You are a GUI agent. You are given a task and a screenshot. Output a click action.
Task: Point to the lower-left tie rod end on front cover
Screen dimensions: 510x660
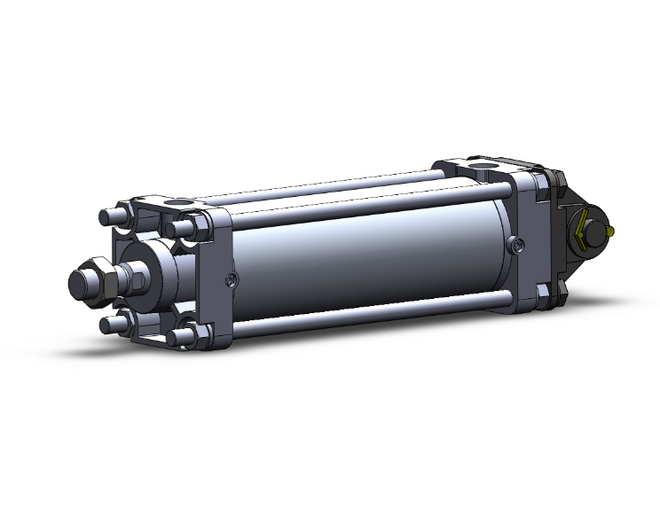point(110,325)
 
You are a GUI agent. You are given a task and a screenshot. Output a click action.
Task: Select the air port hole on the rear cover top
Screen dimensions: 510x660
point(484,166)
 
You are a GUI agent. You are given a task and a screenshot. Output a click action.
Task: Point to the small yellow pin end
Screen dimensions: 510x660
point(614,231)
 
